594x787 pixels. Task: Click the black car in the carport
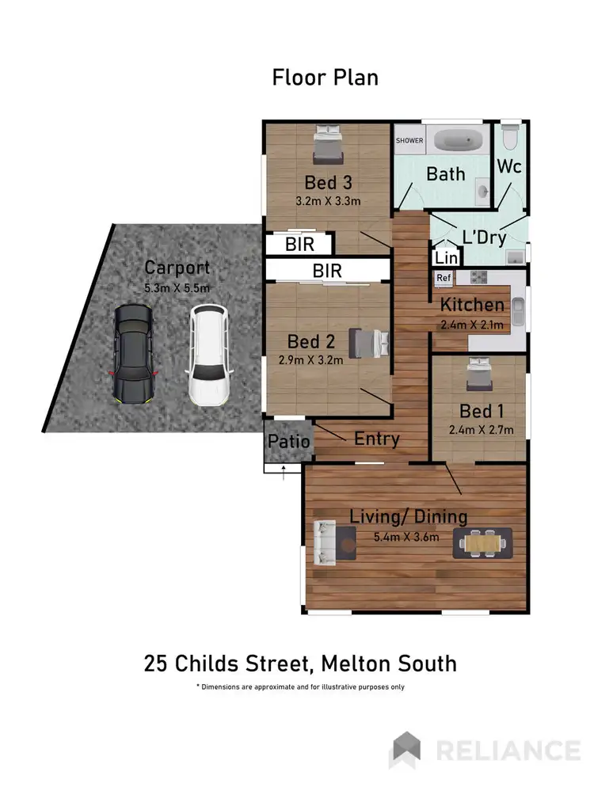click(x=133, y=354)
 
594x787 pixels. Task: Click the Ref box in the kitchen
click(x=444, y=278)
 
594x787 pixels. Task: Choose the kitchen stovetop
click(x=478, y=277)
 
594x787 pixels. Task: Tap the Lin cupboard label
click(x=446, y=257)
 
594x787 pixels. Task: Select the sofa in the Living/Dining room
click(x=324, y=542)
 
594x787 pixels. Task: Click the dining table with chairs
click(x=482, y=543)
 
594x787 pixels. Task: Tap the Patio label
click(x=288, y=442)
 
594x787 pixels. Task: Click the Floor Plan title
click(x=325, y=78)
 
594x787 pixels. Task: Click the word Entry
click(x=376, y=439)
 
